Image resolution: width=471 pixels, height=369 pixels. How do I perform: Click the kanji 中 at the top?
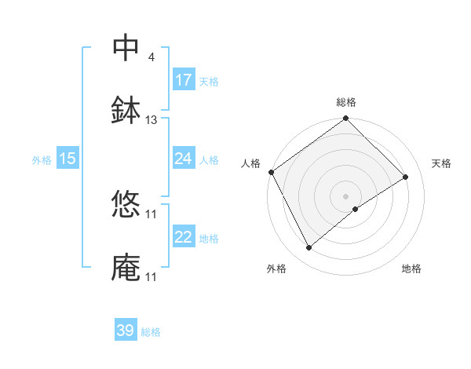pos(126,48)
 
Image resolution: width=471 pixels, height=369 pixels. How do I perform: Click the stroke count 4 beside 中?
pos(151,57)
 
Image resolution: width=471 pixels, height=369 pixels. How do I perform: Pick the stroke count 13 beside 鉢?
pos(152,120)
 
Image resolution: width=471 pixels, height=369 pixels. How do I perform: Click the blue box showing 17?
pos(184,80)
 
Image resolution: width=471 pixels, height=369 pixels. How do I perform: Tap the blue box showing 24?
pos(184,159)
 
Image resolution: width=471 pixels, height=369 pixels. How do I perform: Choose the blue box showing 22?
pos(184,237)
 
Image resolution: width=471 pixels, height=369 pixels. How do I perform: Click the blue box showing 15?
pos(68,159)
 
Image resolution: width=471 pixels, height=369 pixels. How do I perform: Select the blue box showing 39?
pos(126,331)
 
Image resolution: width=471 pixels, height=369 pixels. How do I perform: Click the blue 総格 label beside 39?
pos(151,332)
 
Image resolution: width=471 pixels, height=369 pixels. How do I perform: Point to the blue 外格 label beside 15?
pos(42,160)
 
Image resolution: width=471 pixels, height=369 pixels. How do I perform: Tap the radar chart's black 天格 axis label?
pos(441,163)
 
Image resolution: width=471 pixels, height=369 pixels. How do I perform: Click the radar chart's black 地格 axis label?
pos(411,269)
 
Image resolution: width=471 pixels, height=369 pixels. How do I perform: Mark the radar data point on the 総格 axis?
pos(345,119)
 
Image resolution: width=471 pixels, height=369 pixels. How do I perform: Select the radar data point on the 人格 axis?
pos(272,172)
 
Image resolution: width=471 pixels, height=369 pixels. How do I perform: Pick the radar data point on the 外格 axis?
pos(309,248)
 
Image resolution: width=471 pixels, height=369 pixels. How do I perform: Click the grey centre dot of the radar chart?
pos(345,195)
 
